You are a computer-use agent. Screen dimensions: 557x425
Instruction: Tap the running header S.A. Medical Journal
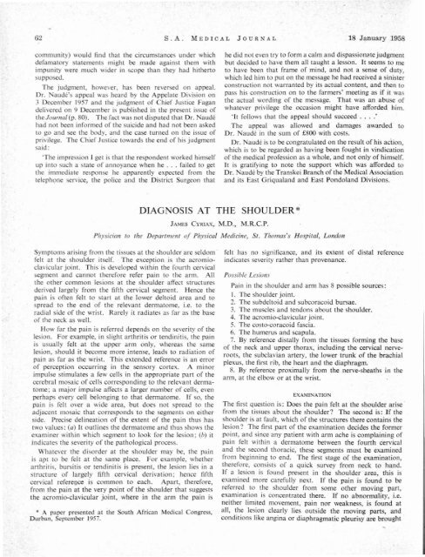tap(214, 10)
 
